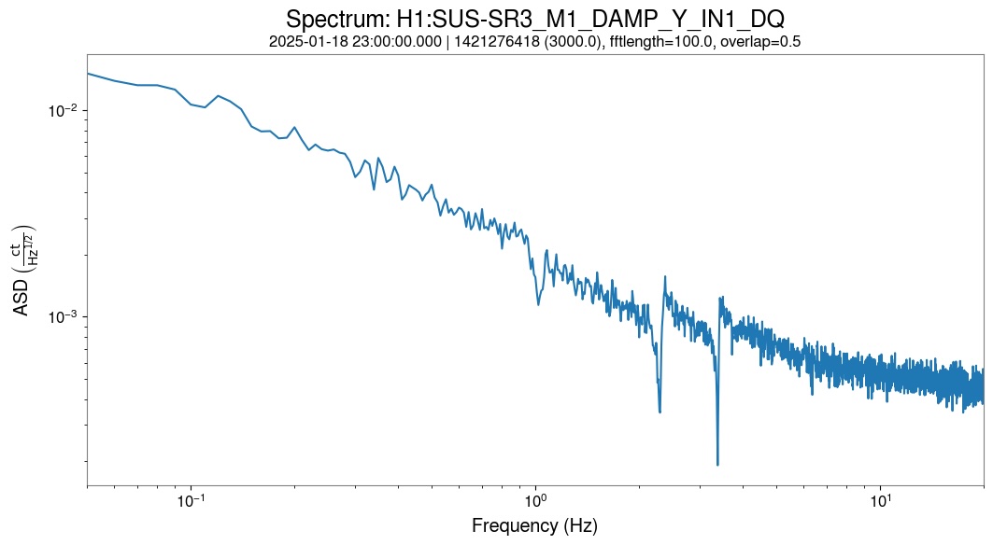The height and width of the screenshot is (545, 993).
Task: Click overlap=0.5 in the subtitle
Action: tap(763, 41)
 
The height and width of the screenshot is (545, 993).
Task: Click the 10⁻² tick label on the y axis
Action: tap(61, 111)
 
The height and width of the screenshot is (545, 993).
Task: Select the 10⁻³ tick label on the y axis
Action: tap(61, 317)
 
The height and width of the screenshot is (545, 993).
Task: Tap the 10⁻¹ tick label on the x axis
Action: tap(192, 499)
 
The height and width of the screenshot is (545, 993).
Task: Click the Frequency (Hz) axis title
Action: tap(534, 525)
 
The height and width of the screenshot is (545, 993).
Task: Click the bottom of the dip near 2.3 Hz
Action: tap(660, 412)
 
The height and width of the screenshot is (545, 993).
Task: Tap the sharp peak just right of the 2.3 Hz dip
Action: tap(665, 276)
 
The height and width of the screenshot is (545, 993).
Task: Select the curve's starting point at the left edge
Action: tap(88, 73)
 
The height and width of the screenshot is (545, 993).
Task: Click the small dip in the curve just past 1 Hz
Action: tap(538, 304)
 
